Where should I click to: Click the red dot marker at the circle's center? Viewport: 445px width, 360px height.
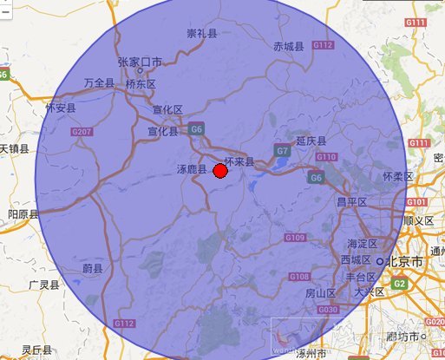[x=220, y=172]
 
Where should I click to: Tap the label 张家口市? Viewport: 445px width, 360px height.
[x=140, y=62]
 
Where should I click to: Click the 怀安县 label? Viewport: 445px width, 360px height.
[x=61, y=108]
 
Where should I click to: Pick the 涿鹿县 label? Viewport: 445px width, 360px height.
[x=191, y=169]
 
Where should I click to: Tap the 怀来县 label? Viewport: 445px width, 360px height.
[x=239, y=161]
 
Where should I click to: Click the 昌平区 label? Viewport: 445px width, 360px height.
[x=352, y=201]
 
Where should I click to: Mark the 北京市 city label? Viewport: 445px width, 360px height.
[x=405, y=260]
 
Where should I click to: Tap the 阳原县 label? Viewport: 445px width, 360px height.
[x=23, y=213]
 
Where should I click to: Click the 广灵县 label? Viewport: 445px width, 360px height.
[x=43, y=284]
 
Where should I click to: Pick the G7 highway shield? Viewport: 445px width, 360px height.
[x=282, y=151]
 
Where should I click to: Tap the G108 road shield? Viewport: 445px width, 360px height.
[x=299, y=277]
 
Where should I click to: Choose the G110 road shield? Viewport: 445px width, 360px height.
[x=326, y=157]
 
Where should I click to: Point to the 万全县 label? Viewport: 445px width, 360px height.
[x=100, y=83]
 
